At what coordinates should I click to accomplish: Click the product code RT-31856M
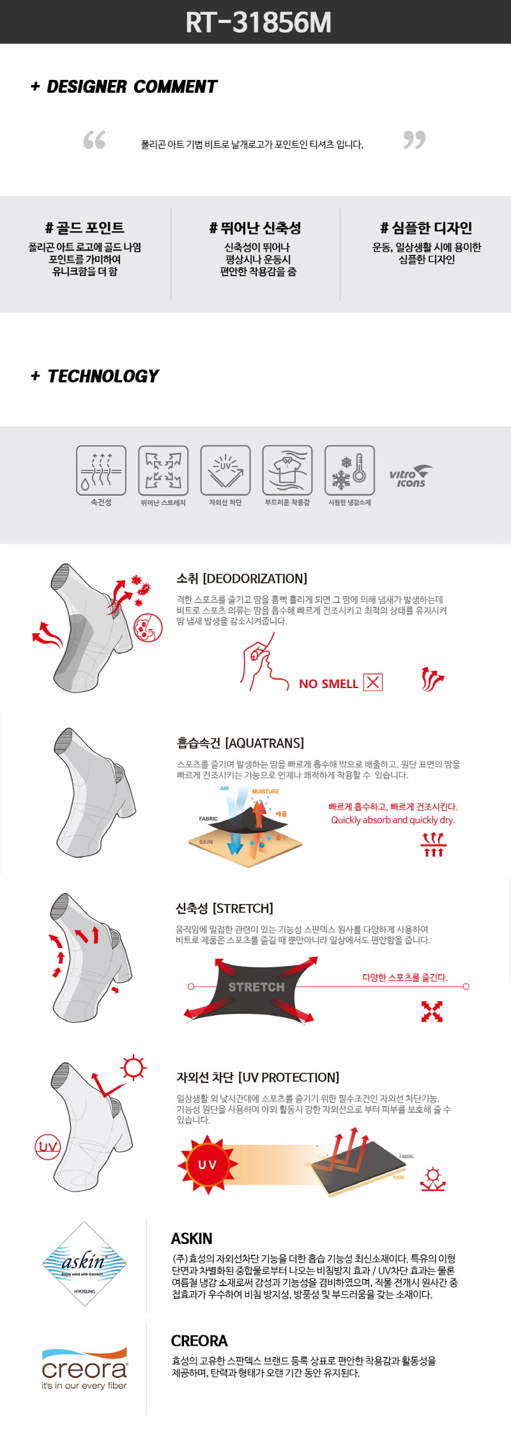tap(258, 22)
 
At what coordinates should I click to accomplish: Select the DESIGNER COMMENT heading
tap(124, 86)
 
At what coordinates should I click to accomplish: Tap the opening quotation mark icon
tap(95, 140)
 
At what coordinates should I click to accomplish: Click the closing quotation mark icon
tap(414, 140)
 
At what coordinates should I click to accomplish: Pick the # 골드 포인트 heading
tap(85, 228)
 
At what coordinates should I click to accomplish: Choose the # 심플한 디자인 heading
tap(426, 228)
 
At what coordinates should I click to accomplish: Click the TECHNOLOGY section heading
tap(95, 376)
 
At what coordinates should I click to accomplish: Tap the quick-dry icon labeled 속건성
tap(101, 470)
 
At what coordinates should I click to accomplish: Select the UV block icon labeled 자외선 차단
tap(225, 470)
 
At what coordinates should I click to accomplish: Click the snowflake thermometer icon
tap(349, 470)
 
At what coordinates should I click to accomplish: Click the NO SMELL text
tap(328, 684)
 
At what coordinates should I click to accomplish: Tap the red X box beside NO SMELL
tap(373, 682)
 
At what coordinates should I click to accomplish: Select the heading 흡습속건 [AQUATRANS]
tap(240, 743)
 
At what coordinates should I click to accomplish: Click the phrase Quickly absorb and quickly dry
tap(393, 820)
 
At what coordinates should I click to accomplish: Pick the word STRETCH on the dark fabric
tap(256, 987)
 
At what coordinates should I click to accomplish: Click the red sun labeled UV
tap(208, 1165)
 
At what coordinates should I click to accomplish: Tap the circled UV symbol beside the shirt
tap(48, 1146)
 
